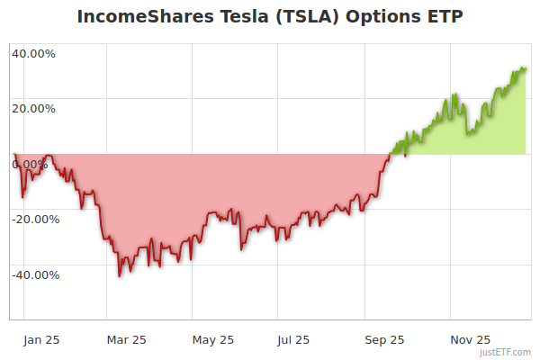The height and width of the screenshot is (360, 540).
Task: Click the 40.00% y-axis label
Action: tap(33, 53)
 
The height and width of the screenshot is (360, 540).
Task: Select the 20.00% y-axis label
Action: tap(33, 109)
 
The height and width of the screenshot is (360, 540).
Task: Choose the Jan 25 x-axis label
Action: tap(42, 340)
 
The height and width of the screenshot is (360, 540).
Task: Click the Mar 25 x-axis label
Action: tap(126, 340)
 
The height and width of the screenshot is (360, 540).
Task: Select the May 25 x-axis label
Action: tap(213, 340)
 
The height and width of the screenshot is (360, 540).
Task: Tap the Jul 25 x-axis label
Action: tap(293, 340)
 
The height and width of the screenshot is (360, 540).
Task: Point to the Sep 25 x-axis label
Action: tap(384, 340)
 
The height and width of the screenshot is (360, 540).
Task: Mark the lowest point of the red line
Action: tap(120, 276)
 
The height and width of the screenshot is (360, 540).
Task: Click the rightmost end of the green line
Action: tap(526, 68)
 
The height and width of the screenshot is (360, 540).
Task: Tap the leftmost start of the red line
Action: tap(13, 154)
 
